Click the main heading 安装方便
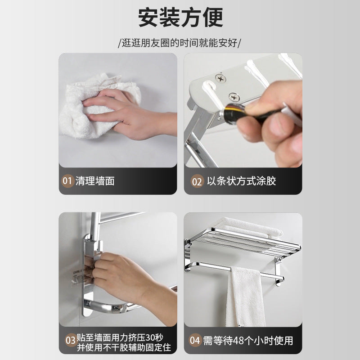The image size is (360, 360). (x=180, y=17)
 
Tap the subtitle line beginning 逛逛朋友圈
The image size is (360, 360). (x=180, y=43)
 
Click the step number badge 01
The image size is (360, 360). (x=67, y=181)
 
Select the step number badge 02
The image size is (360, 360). (x=197, y=181)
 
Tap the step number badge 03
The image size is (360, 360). (x=70, y=340)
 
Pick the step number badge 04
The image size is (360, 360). (x=195, y=340)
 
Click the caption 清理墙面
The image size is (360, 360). (x=95, y=181)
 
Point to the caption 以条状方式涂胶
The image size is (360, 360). (x=241, y=181)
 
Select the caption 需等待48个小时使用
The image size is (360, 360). (x=248, y=341)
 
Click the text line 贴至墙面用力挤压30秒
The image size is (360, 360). (x=120, y=337)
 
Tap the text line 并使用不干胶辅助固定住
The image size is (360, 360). (x=124, y=347)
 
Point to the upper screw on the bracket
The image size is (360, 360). (x=220, y=79)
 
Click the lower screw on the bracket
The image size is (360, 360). (x=234, y=97)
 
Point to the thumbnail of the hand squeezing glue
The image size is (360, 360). (x=243, y=110)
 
